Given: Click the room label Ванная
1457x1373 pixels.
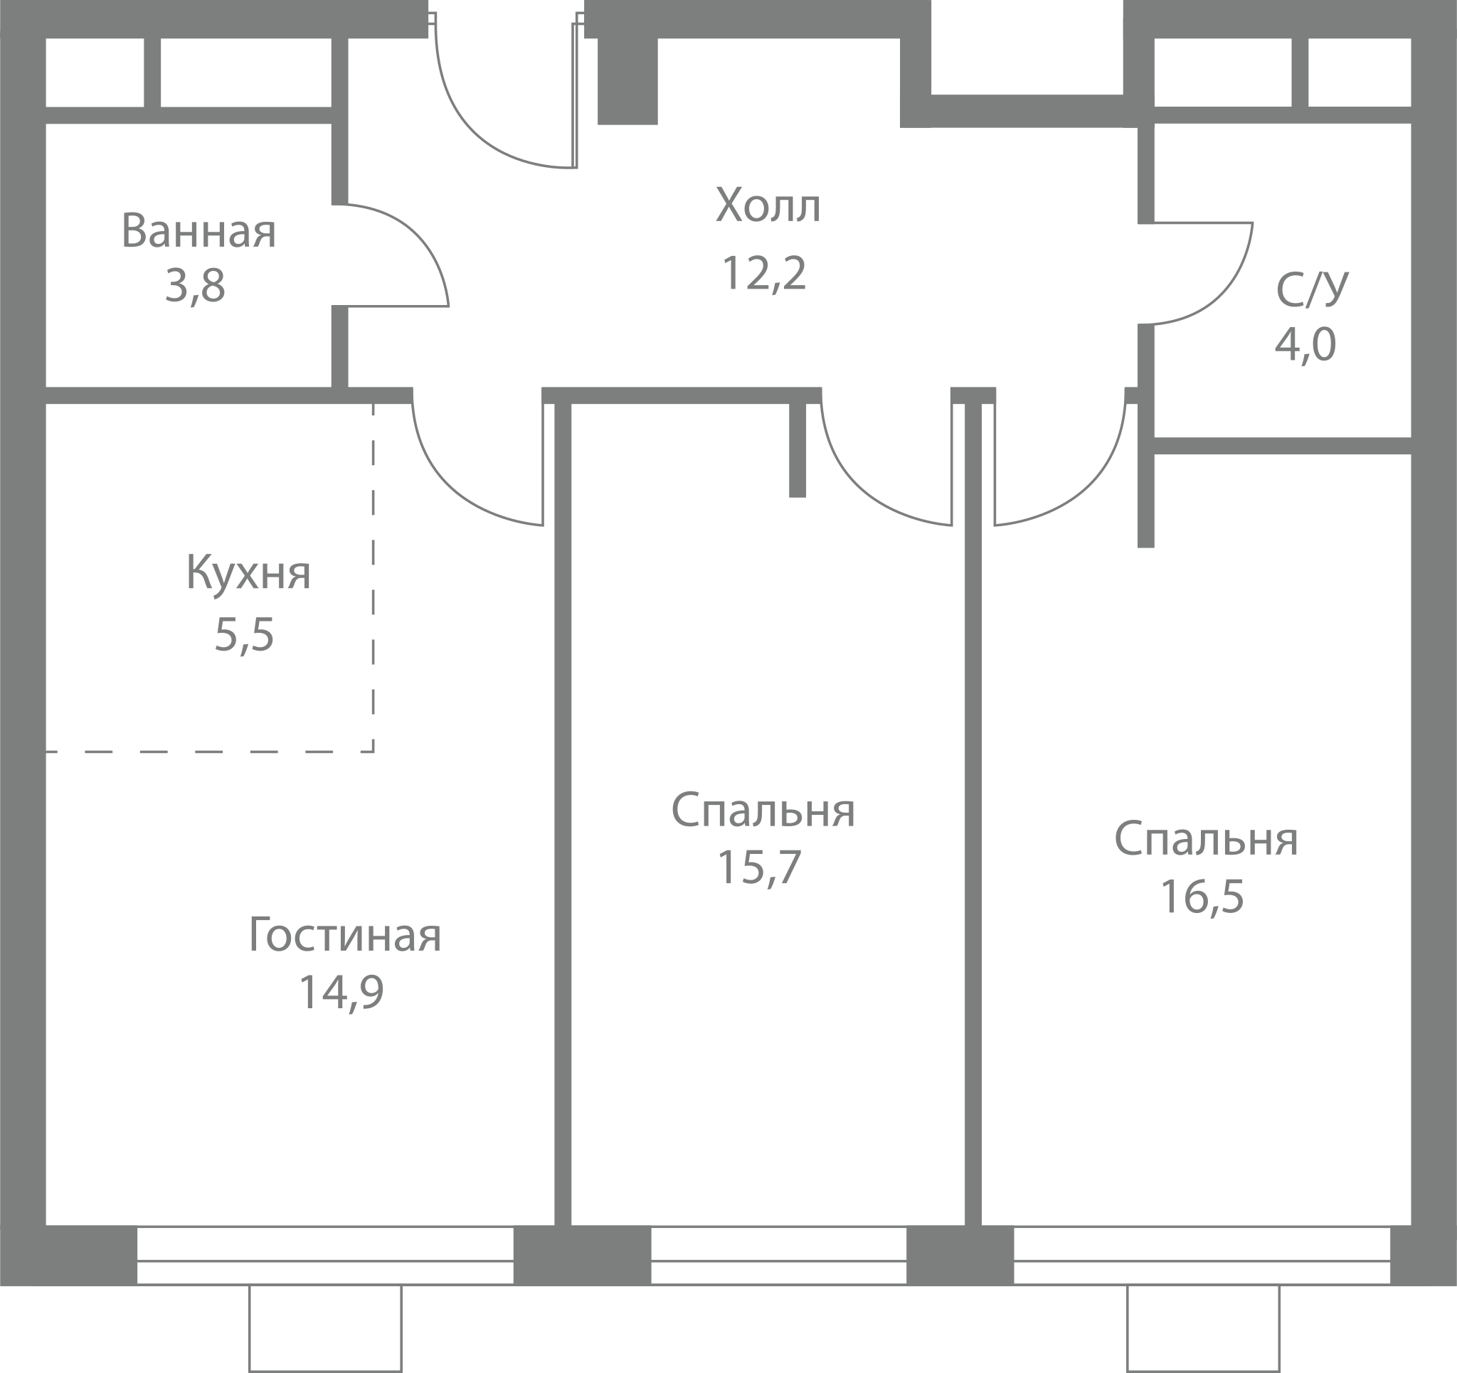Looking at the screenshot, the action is pos(198,231).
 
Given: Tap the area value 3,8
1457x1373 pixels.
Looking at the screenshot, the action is pos(195,286).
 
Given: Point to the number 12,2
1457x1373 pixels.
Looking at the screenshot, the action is pos(763,272).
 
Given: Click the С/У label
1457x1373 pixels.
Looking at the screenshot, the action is pos(1312,289).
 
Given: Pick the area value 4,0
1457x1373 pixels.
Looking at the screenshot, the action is pos(1305,344).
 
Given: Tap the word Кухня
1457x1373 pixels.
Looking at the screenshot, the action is pos(248,572).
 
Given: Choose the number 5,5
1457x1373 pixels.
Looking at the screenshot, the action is pos(244,634).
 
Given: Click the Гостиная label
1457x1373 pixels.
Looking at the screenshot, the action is pos(345,936).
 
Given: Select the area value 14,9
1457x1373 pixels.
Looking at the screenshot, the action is pos(341,992).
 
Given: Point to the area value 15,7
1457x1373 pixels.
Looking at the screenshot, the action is pos(759,867).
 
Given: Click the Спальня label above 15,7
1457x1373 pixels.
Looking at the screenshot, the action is pos(763,811).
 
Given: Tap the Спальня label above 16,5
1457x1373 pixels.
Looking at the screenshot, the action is pos(1207,840).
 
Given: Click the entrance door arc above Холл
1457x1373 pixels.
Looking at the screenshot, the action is pos(469,126).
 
